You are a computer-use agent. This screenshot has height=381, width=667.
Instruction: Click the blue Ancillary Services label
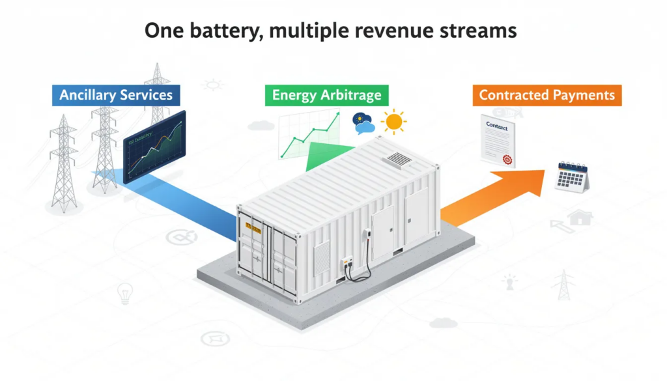click(116, 95)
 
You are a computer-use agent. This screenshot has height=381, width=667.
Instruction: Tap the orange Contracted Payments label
click(546, 95)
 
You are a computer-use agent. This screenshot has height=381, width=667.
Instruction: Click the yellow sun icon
click(393, 122)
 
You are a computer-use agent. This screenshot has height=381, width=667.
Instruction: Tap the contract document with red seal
click(498, 141)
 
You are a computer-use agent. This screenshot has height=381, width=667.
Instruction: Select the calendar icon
click(572, 176)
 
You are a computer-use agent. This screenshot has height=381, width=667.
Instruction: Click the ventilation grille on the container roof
click(397, 159)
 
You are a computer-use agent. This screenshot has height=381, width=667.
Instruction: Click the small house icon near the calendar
click(579, 218)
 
